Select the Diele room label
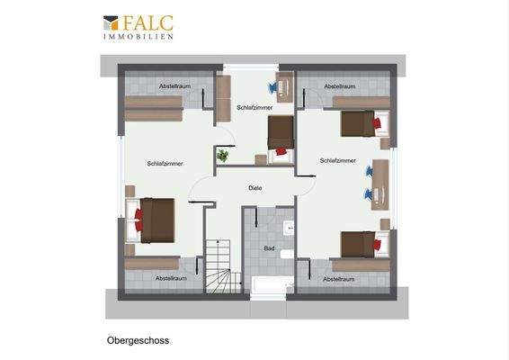pos(254,189)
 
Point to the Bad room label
pos(268,247)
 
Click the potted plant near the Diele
pos(222,156)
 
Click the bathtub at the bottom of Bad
pos(270,285)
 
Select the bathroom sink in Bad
pos(290,229)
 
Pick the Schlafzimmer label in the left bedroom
pos(165,163)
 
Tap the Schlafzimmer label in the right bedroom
pos(337,161)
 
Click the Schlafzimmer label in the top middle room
pos(254,107)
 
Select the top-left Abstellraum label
pos(174,85)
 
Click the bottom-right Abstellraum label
pos(338,279)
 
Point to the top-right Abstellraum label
pos(339,86)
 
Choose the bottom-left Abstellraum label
pos(172,278)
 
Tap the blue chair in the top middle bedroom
pos(272,87)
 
